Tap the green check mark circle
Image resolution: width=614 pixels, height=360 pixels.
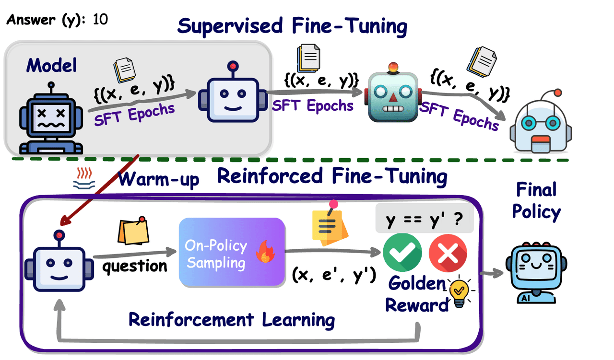click(x=402, y=253)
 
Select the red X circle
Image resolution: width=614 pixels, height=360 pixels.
click(x=448, y=253)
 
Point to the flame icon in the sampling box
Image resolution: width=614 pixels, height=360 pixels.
click(x=264, y=253)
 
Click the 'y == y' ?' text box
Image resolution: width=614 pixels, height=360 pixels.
click(x=424, y=221)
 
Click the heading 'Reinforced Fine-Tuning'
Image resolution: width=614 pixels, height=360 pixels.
click(x=332, y=176)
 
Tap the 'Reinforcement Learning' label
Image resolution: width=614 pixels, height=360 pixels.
click(x=232, y=320)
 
